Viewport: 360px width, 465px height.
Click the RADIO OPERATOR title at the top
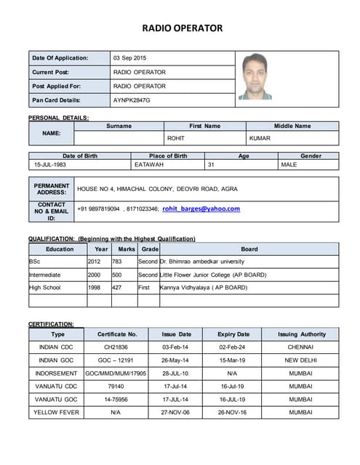click(x=182, y=28)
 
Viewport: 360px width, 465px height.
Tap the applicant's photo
click(x=255, y=76)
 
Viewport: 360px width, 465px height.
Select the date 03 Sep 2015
click(x=129, y=58)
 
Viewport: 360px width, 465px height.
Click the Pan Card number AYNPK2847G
click(x=132, y=100)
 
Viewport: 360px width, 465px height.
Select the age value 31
click(x=212, y=165)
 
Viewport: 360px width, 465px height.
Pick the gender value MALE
click(x=289, y=165)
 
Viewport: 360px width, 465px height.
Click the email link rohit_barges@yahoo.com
click(x=201, y=209)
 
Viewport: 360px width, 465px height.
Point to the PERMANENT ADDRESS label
click(x=52, y=189)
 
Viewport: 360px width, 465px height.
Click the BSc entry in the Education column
click(x=35, y=261)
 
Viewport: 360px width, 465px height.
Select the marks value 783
click(x=116, y=261)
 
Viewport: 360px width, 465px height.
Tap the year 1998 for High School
click(x=94, y=288)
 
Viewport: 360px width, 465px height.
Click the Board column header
click(x=249, y=249)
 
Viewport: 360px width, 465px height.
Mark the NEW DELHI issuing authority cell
click(x=300, y=360)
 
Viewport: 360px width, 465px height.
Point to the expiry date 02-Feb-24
click(x=233, y=347)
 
